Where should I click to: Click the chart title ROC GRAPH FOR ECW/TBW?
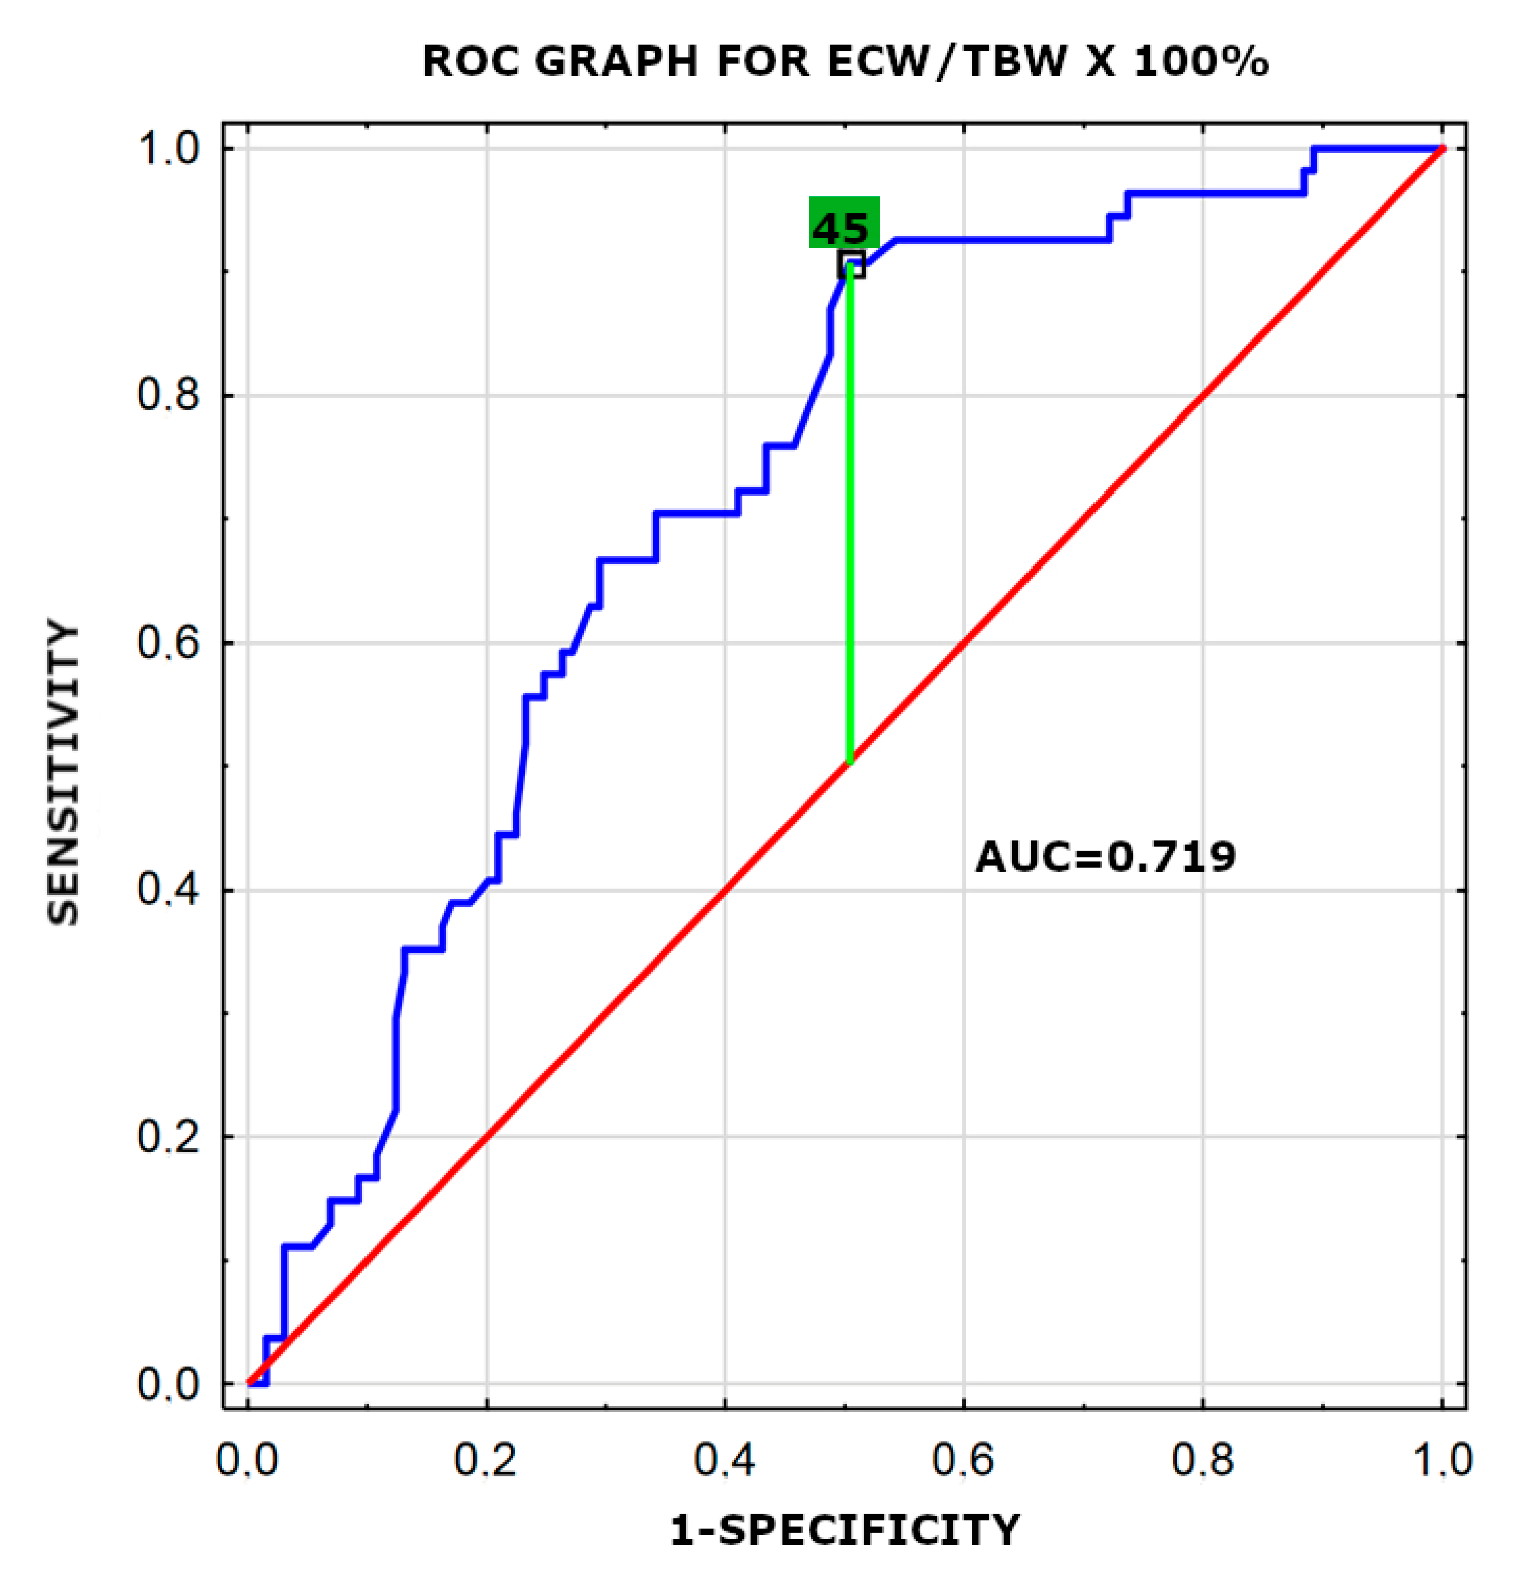[x=844, y=61]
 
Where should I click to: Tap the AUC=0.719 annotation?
[x=1104, y=857]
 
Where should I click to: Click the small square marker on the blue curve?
[x=850, y=264]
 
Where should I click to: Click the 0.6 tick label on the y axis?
[x=168, y=643]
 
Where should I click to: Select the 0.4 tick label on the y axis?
[x=168, y=890]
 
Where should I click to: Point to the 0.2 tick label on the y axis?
[x=168, y=1136]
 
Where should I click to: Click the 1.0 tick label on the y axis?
[x=168, y=149]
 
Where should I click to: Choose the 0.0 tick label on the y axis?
[x=168, y=1384]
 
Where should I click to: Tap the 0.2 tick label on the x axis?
[x=486, y=1460]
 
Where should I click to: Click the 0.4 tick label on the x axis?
[x=724, y=1460]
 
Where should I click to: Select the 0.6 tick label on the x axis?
[x=963, y=1460]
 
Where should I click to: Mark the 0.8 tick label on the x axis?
[x=1202, y=1460]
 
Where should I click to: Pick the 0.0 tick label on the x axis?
[x=247, y=1460]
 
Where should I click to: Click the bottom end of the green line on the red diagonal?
[x=850, y=762]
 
